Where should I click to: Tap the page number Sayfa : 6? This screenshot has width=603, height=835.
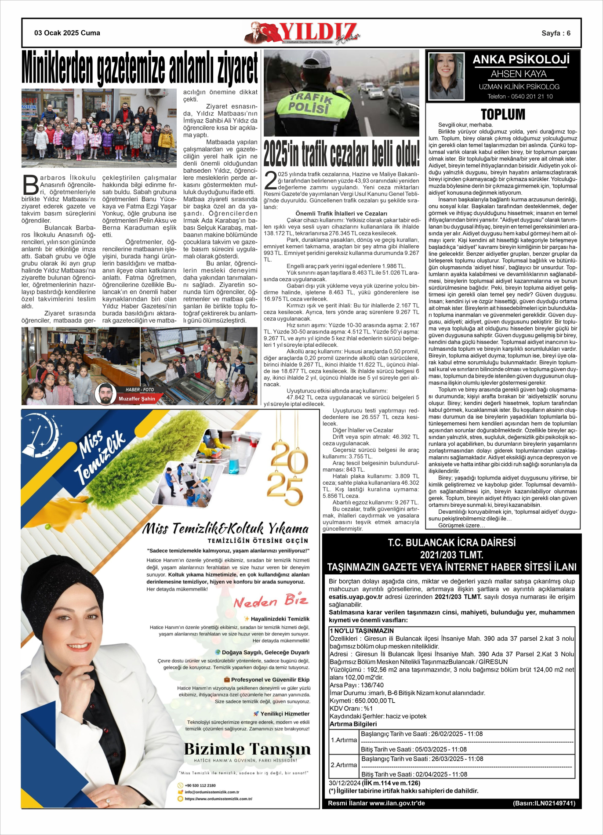(x=556, y=33)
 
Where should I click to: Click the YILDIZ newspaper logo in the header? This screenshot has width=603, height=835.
(x=303, y=33)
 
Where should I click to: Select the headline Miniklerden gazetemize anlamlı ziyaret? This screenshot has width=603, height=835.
(x=140, y=68)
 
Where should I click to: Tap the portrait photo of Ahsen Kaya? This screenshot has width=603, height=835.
(x=446, y=76)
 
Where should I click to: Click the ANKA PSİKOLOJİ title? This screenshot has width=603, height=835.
(x=521, y=60)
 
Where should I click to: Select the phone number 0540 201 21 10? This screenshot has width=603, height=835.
(x=534, y=97)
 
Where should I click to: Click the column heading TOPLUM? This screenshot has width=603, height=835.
(x=503, y=115)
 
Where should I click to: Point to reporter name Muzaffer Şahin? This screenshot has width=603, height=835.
(x=137, y=399)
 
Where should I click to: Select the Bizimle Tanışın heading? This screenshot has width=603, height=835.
(x=247, y=748)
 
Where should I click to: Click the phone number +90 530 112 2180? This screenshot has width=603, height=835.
(x=200, y=785)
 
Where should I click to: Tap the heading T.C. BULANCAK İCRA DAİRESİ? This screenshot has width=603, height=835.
(x=451, y=543)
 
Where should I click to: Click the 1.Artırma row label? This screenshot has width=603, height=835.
(x=344, y=740)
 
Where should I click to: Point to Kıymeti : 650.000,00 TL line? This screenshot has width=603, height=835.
(x=363, y=701)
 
